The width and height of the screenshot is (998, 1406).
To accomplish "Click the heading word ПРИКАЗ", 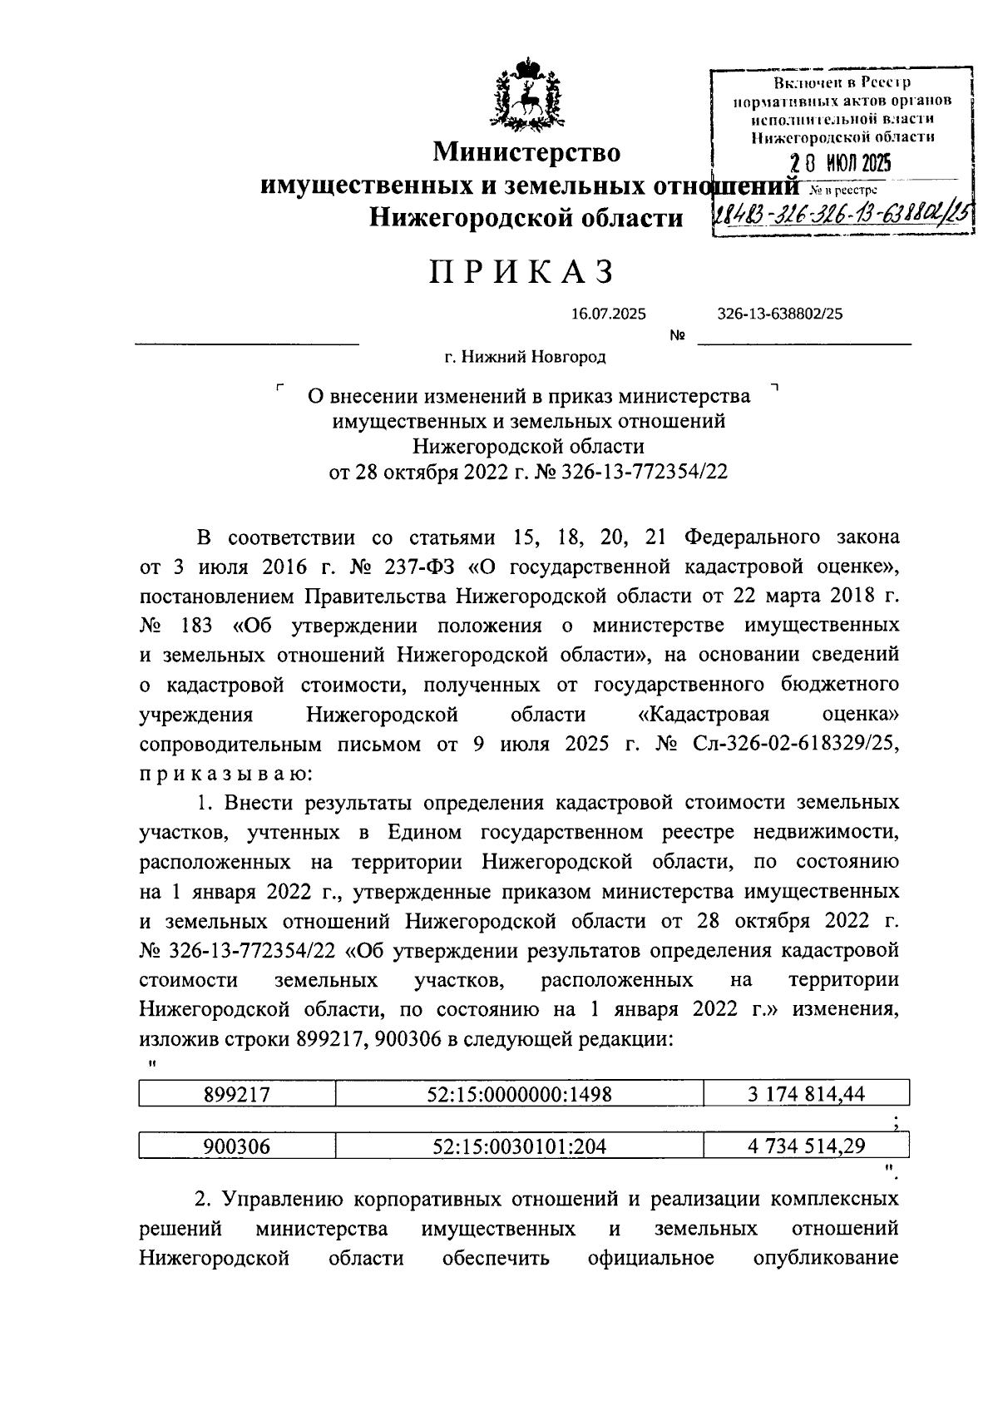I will pyautogui.click(x=524, y=272).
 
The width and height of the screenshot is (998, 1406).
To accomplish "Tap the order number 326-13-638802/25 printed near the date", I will pyautogui.click(x=779, y=314).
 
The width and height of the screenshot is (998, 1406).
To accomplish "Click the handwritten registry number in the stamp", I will pyautogui.click(x=842, y=217).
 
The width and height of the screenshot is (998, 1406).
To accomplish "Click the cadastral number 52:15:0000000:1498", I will pyautogui.click(x=521, y=1094).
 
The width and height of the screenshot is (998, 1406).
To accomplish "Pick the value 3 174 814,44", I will pyautogui.click(x=805, y=1094).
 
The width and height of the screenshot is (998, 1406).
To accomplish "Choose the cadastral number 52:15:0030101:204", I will pyautogui.click(x=519, y=1146).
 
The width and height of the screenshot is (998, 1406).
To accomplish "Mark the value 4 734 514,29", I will pyautogui.click(x=805, y=1146).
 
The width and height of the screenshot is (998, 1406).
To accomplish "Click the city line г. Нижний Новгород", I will pyautogui.click(x=525, y=357).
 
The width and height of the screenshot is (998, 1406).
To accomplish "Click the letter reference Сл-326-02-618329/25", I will pyautogui.click(x=795, y=744).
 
